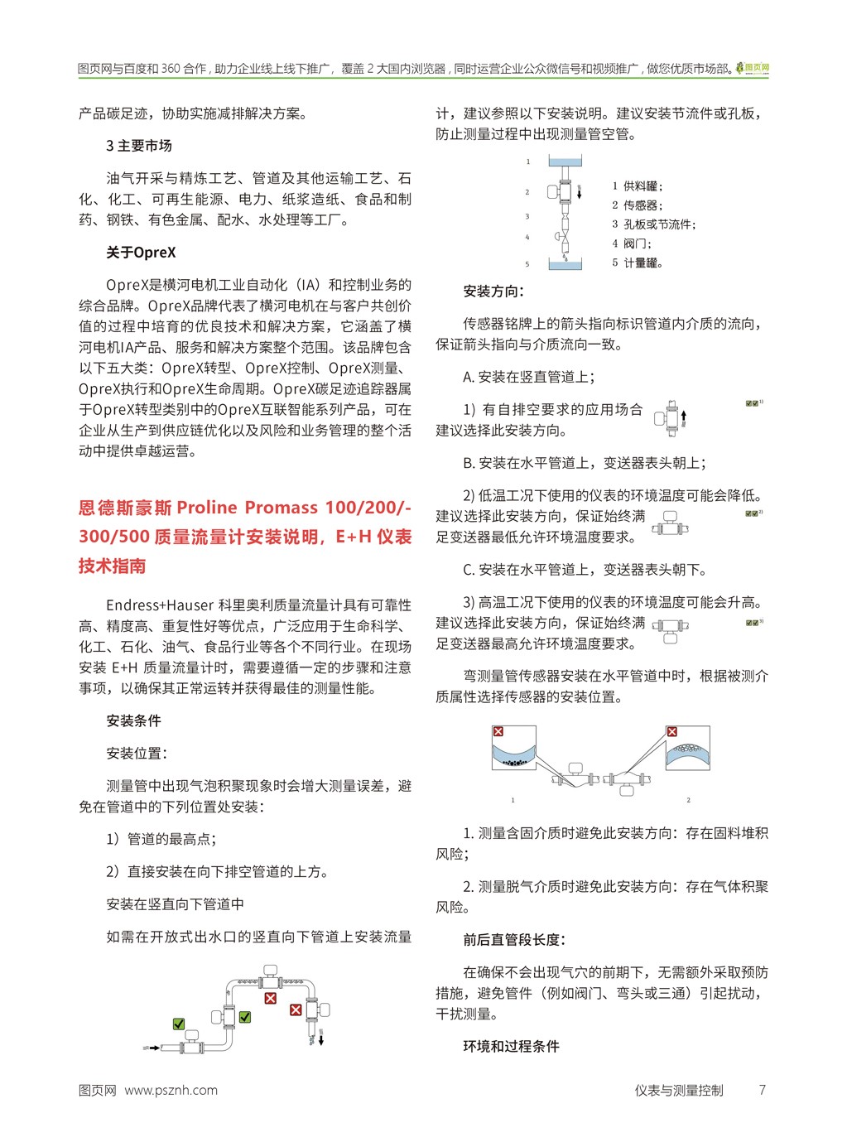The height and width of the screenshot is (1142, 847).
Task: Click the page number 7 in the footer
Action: coord(762,1090)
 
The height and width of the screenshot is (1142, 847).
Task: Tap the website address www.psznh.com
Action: coord(171,1090)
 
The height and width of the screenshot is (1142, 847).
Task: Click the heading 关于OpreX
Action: coord(141,253)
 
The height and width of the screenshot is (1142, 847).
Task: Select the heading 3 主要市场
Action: coord(139,146)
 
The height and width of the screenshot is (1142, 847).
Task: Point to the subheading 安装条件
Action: coord(133,720)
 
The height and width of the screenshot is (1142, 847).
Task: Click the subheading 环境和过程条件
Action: coord(511,1046)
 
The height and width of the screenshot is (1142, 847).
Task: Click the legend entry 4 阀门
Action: coord(632,243)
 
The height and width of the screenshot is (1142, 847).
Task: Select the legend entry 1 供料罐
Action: coord(638,186)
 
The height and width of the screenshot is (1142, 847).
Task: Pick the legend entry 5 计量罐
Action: coord(638,263)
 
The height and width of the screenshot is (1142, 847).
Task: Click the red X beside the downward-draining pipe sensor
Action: coord(296,1009)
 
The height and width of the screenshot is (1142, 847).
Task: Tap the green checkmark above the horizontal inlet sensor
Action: coord(179,1024)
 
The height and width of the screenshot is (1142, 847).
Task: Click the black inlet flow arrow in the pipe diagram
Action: coord(153,1048)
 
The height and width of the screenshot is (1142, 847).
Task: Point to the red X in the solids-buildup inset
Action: coord(498,732)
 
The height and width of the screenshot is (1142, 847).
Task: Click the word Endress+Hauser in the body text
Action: coord(161,605)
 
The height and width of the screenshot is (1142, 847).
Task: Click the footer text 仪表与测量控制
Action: coord(679,1090)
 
